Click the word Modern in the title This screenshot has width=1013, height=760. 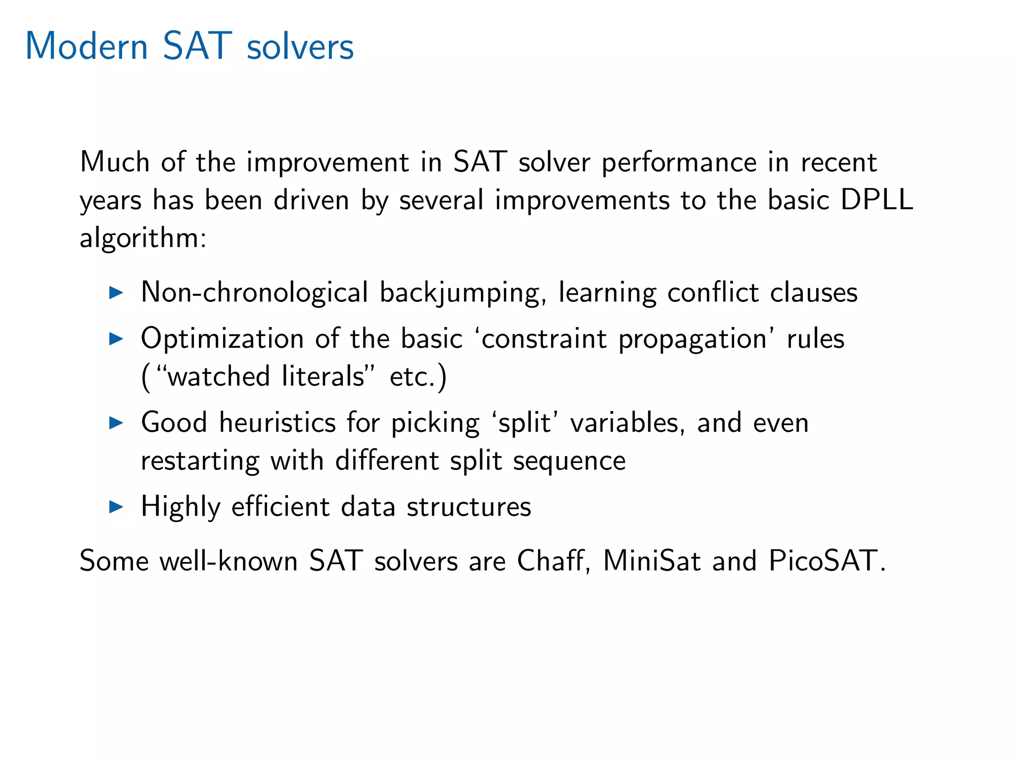(87, 46)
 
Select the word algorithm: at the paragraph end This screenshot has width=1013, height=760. (143, 238)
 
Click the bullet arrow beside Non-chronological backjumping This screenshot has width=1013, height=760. (116, 292)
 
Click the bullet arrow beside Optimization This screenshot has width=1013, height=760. (116, 339)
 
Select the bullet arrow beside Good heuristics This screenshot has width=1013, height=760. (116, 423)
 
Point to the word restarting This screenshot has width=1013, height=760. (200, 461)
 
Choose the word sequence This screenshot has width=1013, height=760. (569, 461)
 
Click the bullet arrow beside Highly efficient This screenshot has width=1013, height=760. (116, 507)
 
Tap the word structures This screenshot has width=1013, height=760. (469, 507)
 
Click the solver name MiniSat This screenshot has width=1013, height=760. (651, 561)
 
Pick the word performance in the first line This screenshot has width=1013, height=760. (679, 162)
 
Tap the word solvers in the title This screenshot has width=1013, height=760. (300, 47)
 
